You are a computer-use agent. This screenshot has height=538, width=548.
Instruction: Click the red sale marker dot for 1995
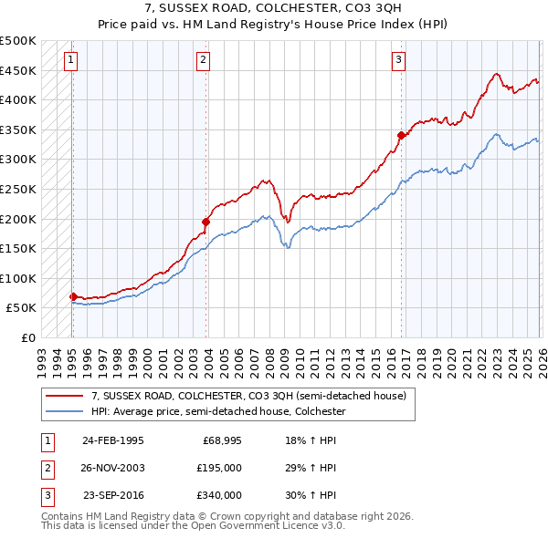[x=73, y=296]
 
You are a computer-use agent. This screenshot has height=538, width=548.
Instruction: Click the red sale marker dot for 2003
[x=205, y=221]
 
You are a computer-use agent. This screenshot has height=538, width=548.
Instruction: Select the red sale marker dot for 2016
[x=400, y=135]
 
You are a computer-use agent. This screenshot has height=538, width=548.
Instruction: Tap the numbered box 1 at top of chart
[x=71, y=61]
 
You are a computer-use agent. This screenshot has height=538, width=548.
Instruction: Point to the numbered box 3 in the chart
[x=399, y=61]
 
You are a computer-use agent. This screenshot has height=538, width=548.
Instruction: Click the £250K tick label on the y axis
[x=18, y=189]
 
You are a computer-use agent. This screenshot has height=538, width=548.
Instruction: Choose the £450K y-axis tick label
[x=18, y=70]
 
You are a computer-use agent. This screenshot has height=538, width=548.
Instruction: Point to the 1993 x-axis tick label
[x=42, y=357]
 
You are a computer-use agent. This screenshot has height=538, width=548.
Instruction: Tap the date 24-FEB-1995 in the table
[x=112, y=440]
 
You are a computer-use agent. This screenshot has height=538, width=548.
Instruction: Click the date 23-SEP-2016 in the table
[x=112, y=495]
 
